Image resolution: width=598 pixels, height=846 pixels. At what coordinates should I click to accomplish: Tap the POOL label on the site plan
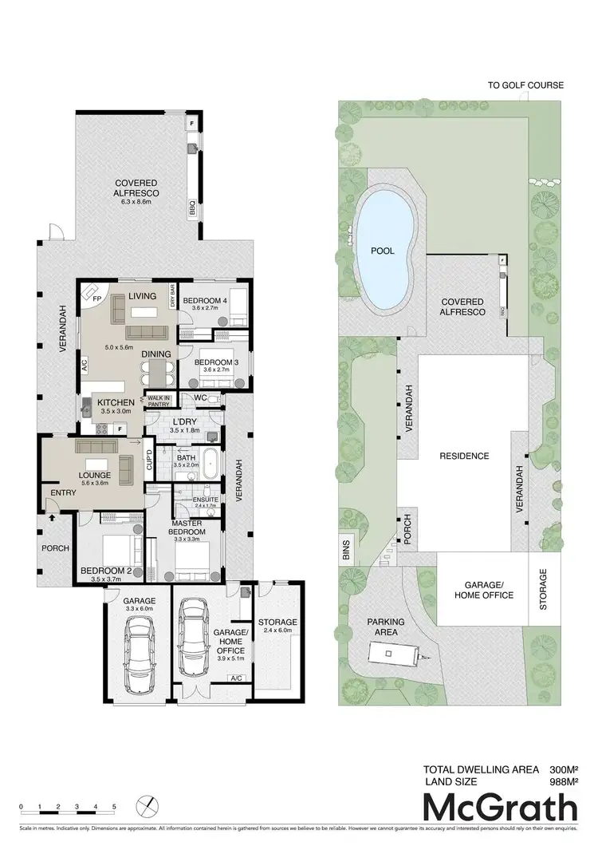click(x=383, y=251)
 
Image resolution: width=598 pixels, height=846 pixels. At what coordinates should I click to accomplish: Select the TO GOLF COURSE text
click(x=526, y=85)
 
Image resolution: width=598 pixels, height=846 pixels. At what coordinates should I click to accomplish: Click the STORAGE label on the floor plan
click(x=277, y=622)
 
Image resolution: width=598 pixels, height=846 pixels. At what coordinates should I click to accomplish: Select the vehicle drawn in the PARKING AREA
click(x=393, y=655)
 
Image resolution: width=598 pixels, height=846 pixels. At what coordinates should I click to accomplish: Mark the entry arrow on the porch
click(x=51, y=517)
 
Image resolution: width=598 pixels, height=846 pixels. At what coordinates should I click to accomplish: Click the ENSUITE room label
click(x=205, y=500)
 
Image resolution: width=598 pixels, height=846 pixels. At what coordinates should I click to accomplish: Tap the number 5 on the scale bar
click(x=114, y=807)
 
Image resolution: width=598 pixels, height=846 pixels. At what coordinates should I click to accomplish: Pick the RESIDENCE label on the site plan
click(x=464, y=456)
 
